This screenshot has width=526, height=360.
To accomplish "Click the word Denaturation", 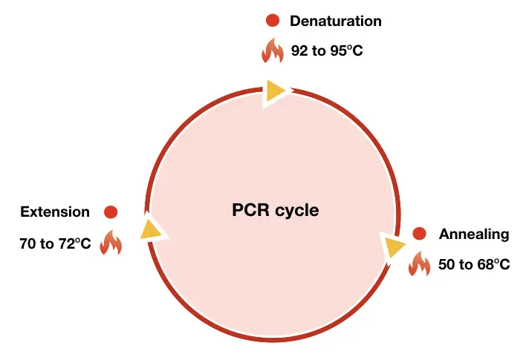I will [x=335, y=21].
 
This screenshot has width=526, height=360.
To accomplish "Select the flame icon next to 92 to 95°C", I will [x=273, y=51].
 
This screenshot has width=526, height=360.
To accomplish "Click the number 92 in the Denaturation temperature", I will [x=300, y=53].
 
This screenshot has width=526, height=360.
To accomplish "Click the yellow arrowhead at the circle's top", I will [x=275, y=91].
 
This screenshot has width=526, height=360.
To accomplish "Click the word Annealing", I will [x=474, y=234].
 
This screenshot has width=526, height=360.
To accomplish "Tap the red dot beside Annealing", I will [x=419, y=234].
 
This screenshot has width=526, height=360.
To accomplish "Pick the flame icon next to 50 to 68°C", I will [x=419, y=264].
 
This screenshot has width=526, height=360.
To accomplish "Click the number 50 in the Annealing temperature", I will [x=447, y=265].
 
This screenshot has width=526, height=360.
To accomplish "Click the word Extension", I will [x=55, y=212].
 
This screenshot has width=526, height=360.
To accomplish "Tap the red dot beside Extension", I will [x=111, y=212].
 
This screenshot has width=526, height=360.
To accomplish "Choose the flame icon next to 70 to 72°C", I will [x=111, y=242].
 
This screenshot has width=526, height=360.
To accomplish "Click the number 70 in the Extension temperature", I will [x=28, y=243].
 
